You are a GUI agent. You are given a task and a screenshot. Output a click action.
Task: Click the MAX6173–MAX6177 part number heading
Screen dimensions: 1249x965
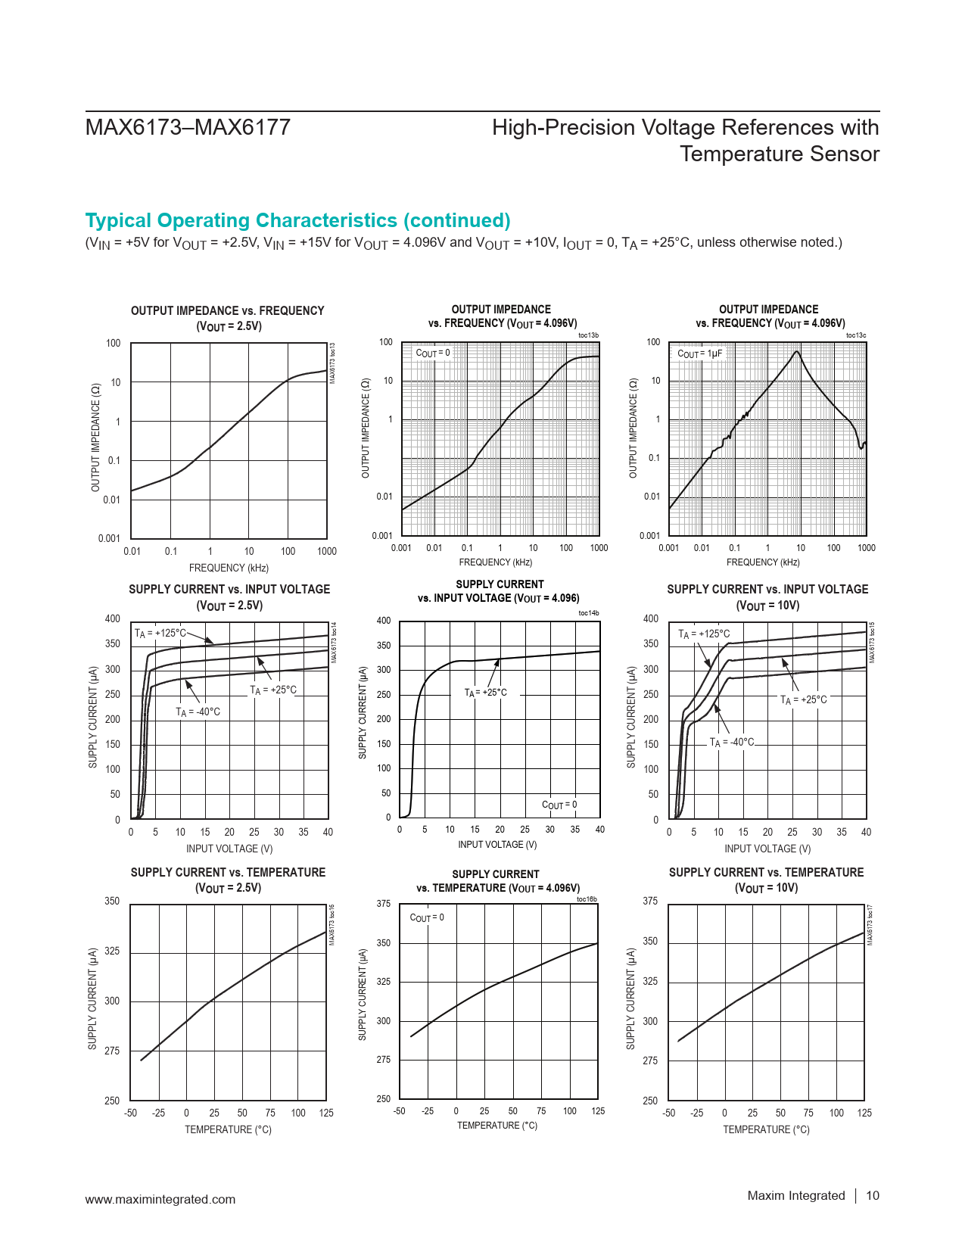click(188, 127)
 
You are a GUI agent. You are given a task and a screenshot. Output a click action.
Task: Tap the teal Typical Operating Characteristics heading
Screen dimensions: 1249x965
click(297, 220)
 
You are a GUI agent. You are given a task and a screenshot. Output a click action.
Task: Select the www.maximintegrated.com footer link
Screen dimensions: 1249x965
click(160, 1199)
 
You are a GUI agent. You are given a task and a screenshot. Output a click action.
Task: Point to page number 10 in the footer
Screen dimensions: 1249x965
click(873, 1195)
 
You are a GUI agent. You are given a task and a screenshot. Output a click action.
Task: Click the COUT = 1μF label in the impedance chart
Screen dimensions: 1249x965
click(699, 354)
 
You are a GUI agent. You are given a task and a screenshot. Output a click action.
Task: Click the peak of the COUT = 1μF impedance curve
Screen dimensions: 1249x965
click(797, 352)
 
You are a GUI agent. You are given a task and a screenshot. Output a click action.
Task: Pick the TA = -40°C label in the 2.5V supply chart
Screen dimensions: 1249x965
click(198, 712)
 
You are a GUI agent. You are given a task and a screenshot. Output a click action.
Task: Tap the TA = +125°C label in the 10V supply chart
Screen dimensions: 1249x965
click(704, 634)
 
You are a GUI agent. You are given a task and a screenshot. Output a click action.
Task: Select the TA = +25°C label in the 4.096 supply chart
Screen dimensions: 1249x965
click(486, 693)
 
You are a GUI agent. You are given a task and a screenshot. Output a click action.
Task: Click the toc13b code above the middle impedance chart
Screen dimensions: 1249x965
click(588, 335)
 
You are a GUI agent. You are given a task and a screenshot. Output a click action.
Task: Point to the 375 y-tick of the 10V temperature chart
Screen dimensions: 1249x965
click(650, 901)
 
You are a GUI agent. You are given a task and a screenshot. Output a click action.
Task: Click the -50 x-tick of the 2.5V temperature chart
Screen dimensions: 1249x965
click(131, 1113)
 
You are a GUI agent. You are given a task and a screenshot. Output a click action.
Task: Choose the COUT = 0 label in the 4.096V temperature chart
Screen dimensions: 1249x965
click(427, 917)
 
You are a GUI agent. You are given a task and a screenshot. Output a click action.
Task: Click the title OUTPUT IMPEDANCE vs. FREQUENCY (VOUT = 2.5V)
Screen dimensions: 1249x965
click(227, 318)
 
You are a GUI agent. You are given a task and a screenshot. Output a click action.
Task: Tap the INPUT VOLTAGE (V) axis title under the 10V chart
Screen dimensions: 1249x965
click(767, 849)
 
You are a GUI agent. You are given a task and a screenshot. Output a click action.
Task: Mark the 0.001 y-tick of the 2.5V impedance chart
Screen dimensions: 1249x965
click(109, 538)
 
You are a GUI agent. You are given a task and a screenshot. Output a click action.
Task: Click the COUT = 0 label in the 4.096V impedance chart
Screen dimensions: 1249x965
click(433, 353)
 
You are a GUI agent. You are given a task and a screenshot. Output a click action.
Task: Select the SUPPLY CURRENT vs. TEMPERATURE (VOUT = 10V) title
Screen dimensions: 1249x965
click(766, 880)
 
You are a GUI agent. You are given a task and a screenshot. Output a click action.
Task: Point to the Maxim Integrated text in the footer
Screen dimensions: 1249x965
click(795, 1195)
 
